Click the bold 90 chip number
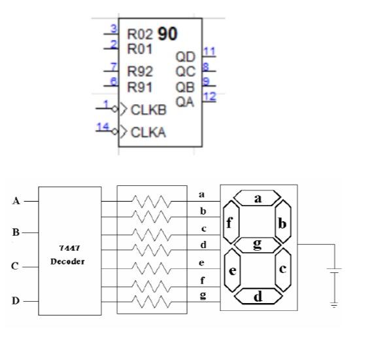point(167,34)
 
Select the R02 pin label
point(140,35)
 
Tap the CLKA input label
point(148,132)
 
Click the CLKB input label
point(149,110)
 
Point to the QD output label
point(185,57)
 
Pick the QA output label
point(184,102)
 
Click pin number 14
point(103,127)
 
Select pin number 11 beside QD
point(209,52)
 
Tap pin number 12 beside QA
point(210,97)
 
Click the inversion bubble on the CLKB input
point(115,109)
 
